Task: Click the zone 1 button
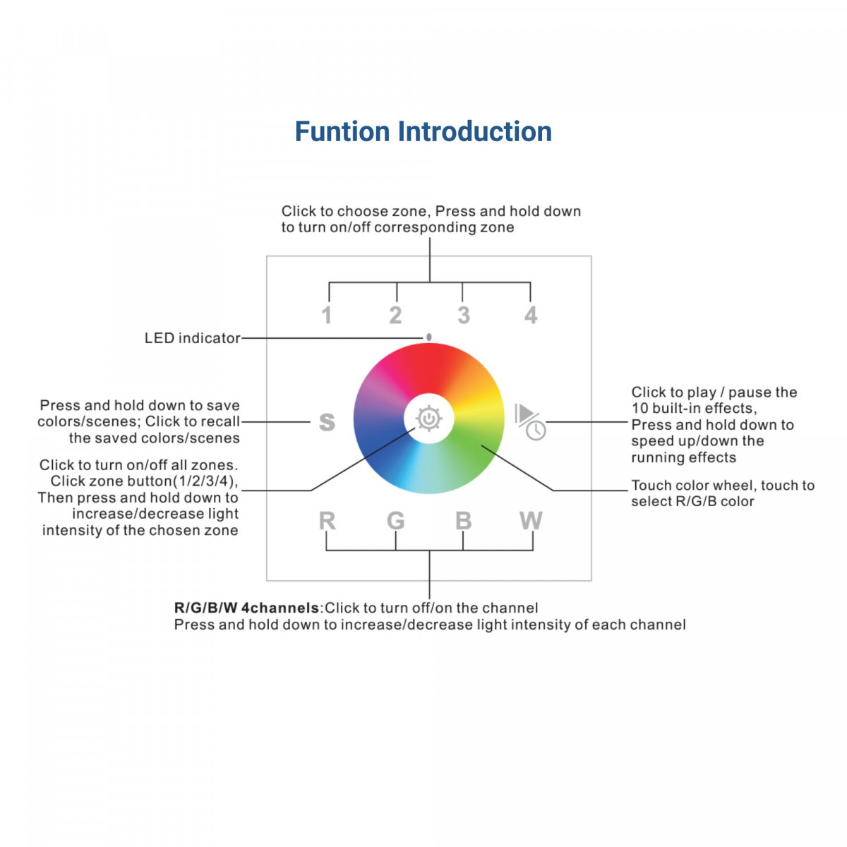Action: click(x=326, y=315)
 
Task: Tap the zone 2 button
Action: click(x=395, y=315)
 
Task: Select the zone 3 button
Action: click(x=463, y=315)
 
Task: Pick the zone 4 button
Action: click(x=531, y=315)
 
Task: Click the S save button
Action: click(x=326, y=422)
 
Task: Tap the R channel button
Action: click(x=326, y=521)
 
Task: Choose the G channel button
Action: click(x=395, y=521)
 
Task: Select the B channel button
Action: click(x=463, y=521)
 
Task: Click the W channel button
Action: click(x=531, y=521)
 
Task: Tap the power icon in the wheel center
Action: click(x=428, y=419)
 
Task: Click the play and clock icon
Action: click(x=530, y=421)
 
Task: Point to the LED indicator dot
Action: click(x=428, y=337)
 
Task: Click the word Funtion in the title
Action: click(x=342, y=132)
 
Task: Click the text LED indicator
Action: click(x=192, y=338)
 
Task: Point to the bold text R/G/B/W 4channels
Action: click(x=246, y=608)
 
